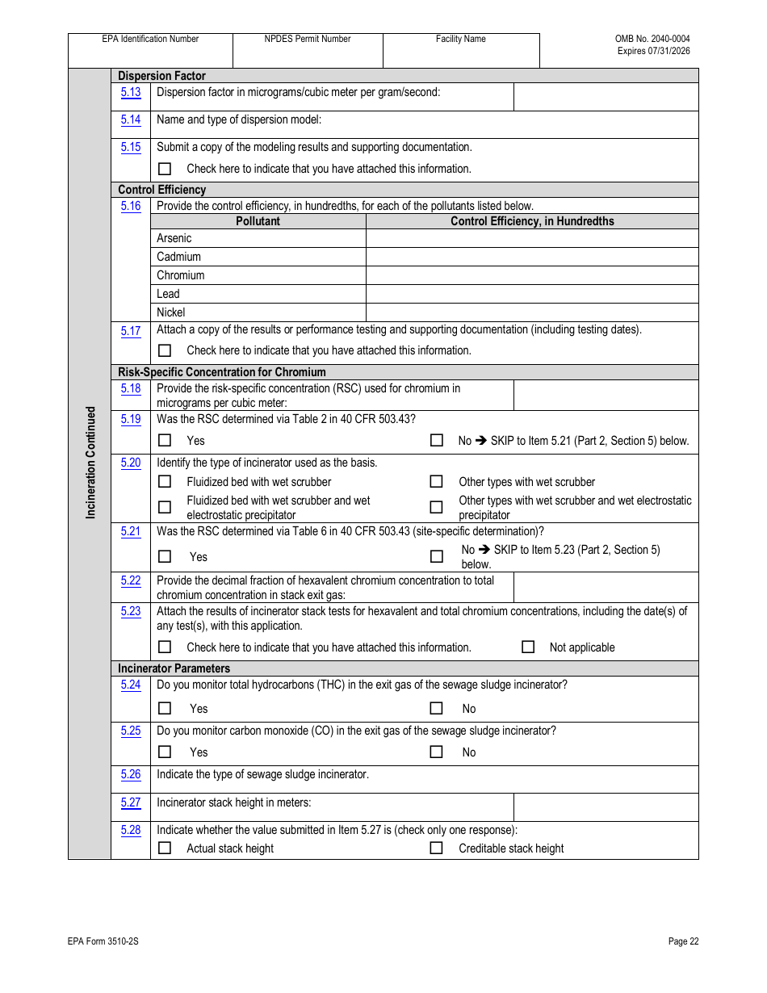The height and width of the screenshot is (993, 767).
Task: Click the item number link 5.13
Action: coord(131,93)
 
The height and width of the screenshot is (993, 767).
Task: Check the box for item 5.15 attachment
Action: coord(165,169)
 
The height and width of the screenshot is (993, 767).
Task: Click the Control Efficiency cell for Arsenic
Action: coord(531,238)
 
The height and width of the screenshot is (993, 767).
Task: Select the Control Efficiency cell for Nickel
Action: coord(531,312)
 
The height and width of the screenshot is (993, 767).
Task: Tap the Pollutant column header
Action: coord(258,221)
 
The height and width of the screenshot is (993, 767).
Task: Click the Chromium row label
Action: coord(180,275)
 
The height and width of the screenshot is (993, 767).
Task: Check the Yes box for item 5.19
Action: coord(165,441)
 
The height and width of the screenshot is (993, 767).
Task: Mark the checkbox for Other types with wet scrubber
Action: coord(436,482)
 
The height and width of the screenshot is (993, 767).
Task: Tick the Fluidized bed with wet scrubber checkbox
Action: coord(165,482)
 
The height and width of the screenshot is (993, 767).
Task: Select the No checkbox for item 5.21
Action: coord(436,556)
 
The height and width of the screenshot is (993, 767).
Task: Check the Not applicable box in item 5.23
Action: coord(528,647)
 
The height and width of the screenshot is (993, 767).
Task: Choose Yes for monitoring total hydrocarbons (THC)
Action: coord(165,709)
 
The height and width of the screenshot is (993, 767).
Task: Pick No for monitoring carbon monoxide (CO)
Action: coord(436,752)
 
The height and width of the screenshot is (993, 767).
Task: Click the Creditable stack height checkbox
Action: coord(436,848)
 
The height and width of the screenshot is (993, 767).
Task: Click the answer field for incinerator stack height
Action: coord(606,807)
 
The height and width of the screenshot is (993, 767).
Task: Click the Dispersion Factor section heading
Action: coord(161,76)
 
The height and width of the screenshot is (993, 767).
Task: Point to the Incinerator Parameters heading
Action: coord(174,668)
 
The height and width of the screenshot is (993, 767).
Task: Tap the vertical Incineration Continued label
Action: coord(90,462)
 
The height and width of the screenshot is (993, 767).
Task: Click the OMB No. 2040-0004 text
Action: coord(652,39)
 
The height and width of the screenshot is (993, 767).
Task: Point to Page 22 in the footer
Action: coord(683,941)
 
